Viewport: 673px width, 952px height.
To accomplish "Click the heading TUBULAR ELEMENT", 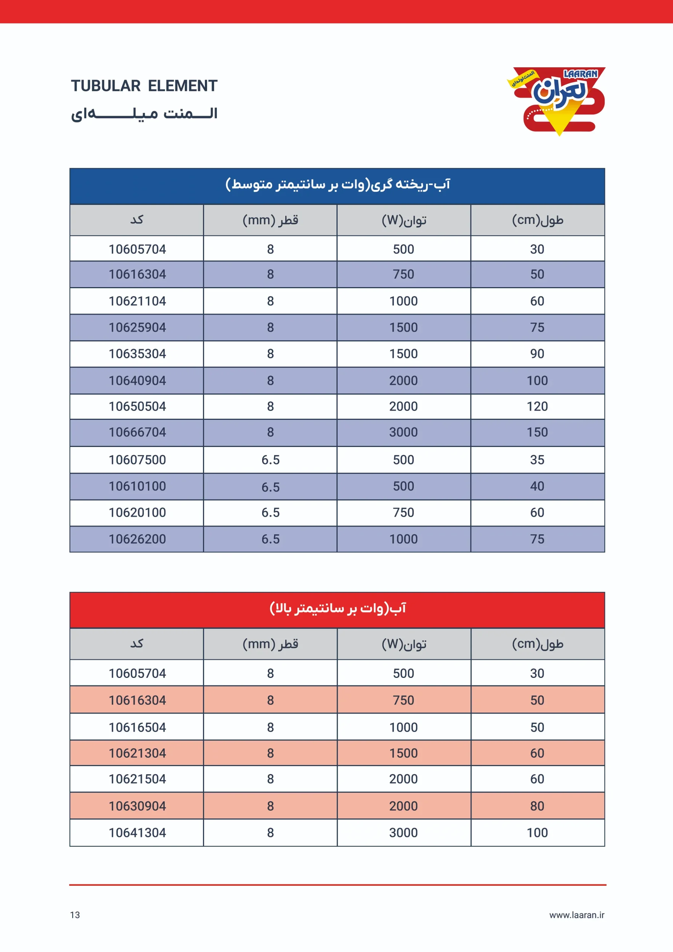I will click(x=144, y=86).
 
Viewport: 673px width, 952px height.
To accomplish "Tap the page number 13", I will click(x=75, y=915).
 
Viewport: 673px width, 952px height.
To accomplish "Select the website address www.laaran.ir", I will click(x=576, y=915).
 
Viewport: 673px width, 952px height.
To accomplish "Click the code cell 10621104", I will click(x=137, y=301).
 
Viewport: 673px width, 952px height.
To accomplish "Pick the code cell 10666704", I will click(x=137, y=432).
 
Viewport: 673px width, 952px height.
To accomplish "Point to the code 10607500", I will click(x=137, y=460).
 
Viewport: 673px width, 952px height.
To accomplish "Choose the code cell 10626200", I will click(x=137, y=539).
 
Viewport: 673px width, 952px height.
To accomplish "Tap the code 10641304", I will click(x=137, y=833).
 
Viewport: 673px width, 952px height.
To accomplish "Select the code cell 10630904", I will click(x=137, y=806).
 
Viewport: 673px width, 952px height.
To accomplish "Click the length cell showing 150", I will click(x=537, y=432).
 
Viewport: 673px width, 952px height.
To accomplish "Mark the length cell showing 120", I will click(x=537, y=406).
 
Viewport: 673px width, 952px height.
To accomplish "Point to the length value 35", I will click(x=537, y=460).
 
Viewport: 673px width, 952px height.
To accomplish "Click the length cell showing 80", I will click(x=537, y=806).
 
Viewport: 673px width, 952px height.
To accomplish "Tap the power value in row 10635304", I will click(x=403, y=354).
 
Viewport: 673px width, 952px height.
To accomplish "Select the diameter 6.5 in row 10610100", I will click(x=270, y=487).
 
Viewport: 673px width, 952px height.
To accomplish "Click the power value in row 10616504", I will click(x=403, y=727).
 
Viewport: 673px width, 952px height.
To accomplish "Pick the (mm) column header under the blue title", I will click(x=270, y=220).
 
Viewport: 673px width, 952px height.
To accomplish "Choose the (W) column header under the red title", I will click(x=404, y=644).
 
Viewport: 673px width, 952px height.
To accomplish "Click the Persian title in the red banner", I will click(x=338, y=608).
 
